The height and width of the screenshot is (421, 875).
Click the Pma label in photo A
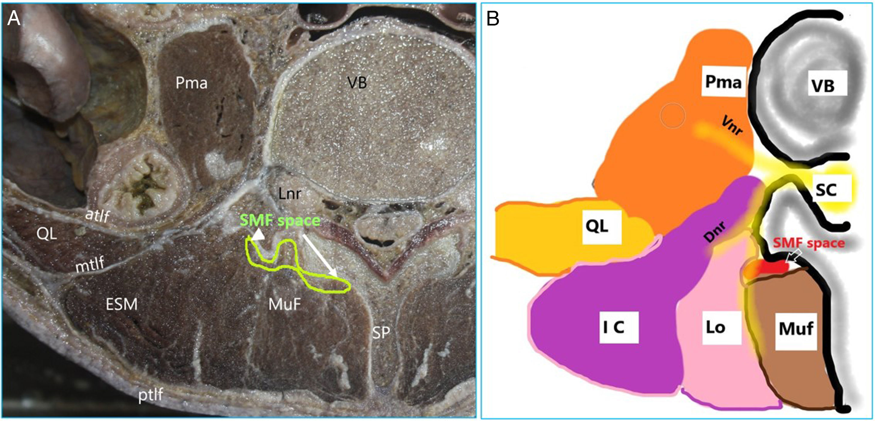coord(191,83)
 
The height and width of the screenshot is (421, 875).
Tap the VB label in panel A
coord(357,83)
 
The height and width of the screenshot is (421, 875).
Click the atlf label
coord(97,215)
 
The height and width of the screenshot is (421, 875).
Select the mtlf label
coord(90,265)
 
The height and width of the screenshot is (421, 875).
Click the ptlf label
coord(151,395)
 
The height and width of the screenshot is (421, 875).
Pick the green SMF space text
coord(280,221)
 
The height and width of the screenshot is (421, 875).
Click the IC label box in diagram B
coord(619,327)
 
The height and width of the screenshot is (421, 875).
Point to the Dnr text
coord(715,231)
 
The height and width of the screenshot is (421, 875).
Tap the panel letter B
coord(493,19)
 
